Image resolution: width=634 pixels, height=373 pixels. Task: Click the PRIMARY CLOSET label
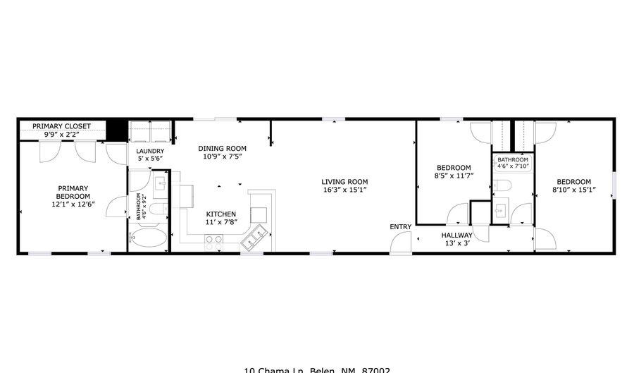61,126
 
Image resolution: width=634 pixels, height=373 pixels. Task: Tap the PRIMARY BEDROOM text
73,192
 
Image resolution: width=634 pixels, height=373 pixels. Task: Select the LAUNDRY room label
149,151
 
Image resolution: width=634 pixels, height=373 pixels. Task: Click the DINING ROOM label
222,148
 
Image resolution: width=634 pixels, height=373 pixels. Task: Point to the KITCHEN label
220,214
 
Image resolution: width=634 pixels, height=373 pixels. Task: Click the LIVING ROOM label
345,182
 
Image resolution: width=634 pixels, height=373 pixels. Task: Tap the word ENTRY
401,226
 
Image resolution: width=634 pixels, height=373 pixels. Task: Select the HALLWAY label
456,236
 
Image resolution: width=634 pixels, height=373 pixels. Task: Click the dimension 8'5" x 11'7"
454,176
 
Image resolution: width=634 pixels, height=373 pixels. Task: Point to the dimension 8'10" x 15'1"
571,190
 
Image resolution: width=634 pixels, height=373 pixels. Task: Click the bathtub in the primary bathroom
148,240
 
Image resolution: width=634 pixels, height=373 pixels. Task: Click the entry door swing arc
402,241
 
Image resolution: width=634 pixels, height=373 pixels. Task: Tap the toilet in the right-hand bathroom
502,185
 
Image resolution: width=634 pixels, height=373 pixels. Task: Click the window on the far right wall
614,185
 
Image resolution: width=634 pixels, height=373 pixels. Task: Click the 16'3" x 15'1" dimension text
345,190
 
